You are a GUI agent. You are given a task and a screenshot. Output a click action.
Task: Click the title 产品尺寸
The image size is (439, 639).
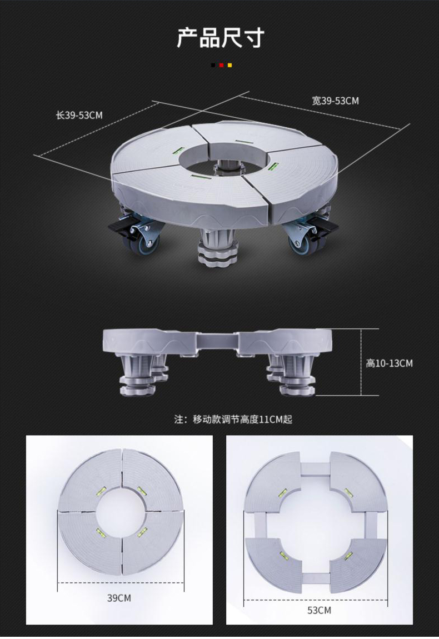(221, 38)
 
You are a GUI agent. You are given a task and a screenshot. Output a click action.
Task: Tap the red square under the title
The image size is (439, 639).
(221, 65)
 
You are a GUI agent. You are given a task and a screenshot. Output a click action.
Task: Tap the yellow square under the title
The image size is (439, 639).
(230, 65)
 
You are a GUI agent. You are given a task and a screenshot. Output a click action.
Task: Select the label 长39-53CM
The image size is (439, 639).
(79, 116)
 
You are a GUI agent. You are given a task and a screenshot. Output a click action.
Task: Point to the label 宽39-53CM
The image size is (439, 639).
(336, 101)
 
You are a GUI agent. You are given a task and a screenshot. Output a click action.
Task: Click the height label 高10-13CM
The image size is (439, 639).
(390, 363)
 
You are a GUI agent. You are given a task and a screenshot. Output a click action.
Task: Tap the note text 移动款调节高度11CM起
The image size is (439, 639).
(242, 420)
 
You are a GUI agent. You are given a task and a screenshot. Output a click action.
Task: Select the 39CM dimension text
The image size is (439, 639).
(119, 598)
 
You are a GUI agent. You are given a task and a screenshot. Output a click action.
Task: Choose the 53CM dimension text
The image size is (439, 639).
(319, 610)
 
